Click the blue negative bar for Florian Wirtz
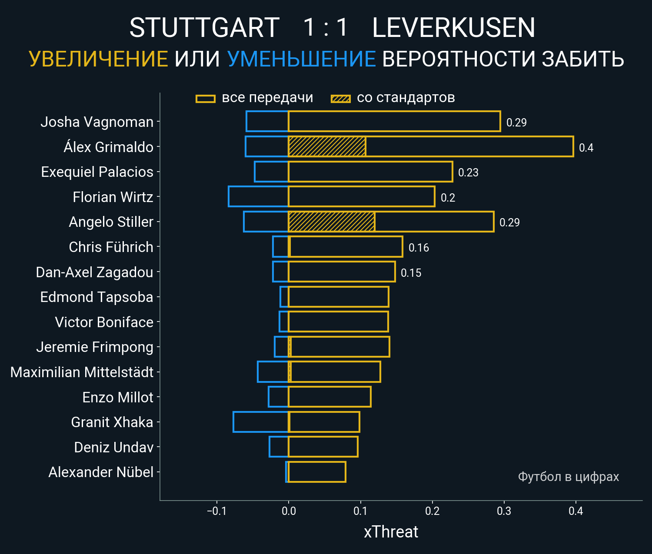(258, 196)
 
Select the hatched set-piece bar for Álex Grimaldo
(327, 146)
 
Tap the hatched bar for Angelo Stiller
(331, 222)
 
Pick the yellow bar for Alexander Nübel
(317, 472)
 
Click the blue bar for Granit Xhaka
(261, 422)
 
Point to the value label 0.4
(586, 148)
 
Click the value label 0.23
(468, 173)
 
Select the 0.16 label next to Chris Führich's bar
(419, 248)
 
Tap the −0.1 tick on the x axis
(216, 511)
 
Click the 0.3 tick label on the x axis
(504, 511)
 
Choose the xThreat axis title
(391, 532)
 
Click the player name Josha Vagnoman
(97, 122)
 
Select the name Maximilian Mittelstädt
(82, 372)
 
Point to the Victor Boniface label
(104, 322)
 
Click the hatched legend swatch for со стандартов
(340, 99)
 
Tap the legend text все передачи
(267, 98)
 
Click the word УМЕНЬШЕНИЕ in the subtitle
(301, 59)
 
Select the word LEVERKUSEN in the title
(453, 28)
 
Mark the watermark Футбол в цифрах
(568, 477)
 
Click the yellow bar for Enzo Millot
(329, 397)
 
